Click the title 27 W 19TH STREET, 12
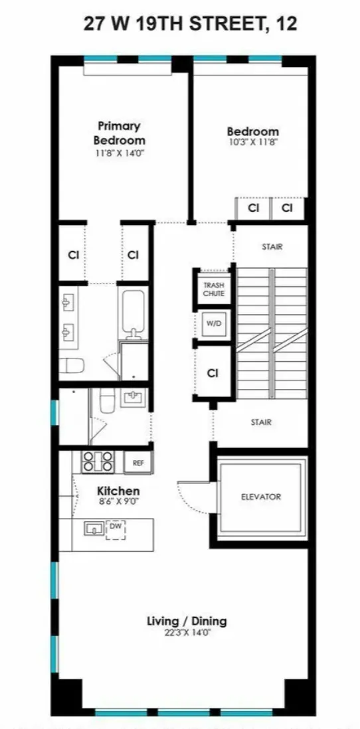(x=190, y=25)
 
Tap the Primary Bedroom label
(x=119, y=133)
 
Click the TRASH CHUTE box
(x=213, y=289)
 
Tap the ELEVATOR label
(x=261, y=497)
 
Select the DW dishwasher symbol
(x=116, y=528)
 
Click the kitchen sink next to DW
(x=94, y=528)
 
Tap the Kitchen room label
(x=102, y=491)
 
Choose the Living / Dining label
(x=187, y=621)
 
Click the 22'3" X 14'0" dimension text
(x=187, y=633)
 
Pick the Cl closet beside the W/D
(x=213, y=373)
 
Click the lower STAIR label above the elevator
(x=261, y=422)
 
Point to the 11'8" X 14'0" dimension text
(x=119, y=152)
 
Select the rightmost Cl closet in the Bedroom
(x=287, y=208)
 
